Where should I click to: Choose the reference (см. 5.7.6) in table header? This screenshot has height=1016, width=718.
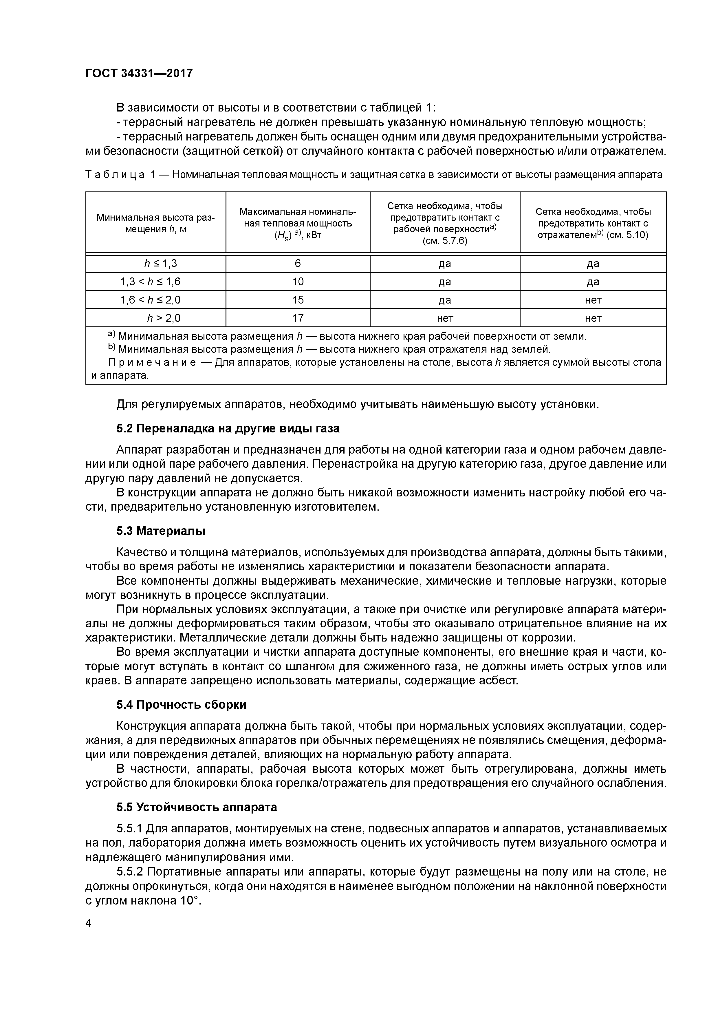coord(445,241)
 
